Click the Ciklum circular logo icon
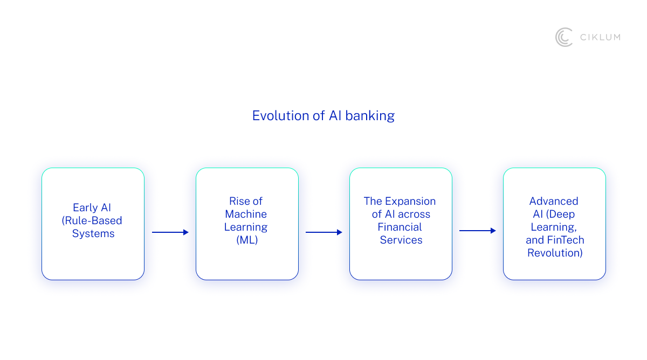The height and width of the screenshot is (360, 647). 564,37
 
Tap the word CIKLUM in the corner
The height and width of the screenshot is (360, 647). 600,37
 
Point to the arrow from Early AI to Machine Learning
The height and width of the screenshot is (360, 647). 170,232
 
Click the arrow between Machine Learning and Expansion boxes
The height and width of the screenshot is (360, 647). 324,232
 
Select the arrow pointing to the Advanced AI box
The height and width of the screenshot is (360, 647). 478,231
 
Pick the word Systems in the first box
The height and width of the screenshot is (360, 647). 93,233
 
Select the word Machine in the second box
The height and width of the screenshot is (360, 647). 246,214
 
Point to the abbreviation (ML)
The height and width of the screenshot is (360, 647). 247,240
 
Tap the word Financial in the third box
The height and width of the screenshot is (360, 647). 400,227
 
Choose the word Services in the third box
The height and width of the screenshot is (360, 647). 401,240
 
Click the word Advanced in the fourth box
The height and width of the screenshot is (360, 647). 554,201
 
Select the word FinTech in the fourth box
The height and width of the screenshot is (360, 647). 565,240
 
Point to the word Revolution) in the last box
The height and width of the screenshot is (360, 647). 555,253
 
